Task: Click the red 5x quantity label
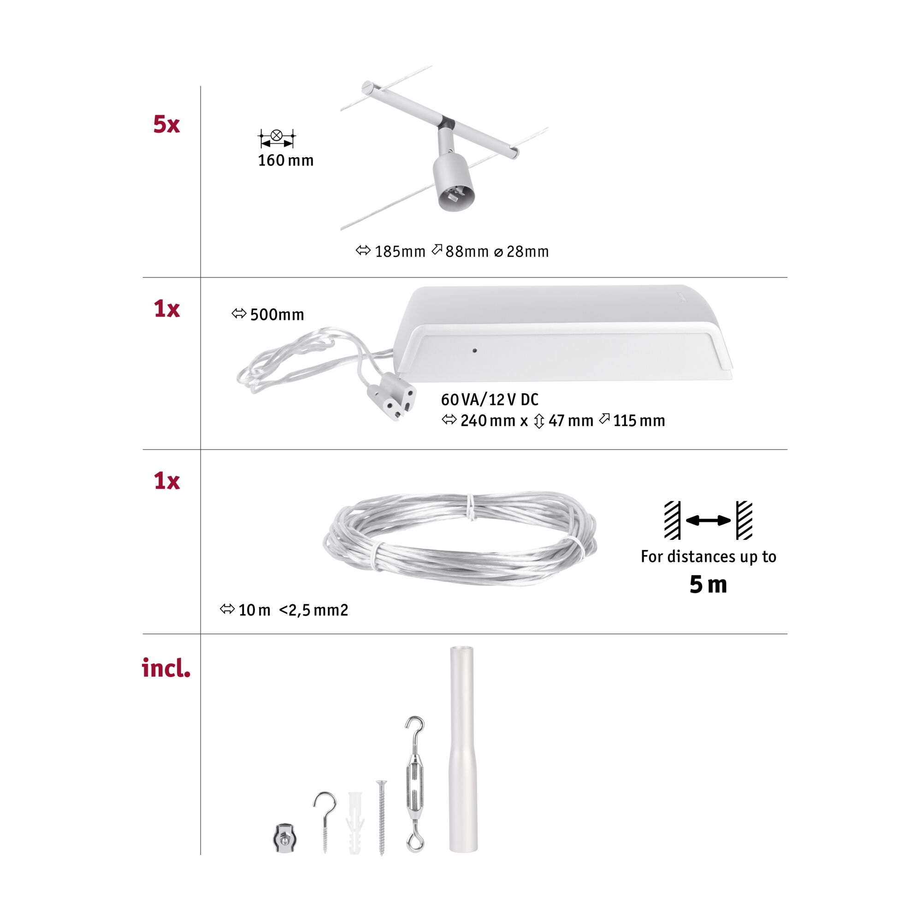pos(166,124)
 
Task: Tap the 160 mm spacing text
pos(285,160)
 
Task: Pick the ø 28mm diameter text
pos(521,252)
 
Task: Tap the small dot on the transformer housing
pos(474,351)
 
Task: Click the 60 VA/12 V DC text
pos(490,399)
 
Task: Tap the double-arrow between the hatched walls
pos(708,520)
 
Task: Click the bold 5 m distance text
pos(708,585)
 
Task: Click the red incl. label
pos(166,668)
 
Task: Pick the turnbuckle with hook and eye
pos(415,783)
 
